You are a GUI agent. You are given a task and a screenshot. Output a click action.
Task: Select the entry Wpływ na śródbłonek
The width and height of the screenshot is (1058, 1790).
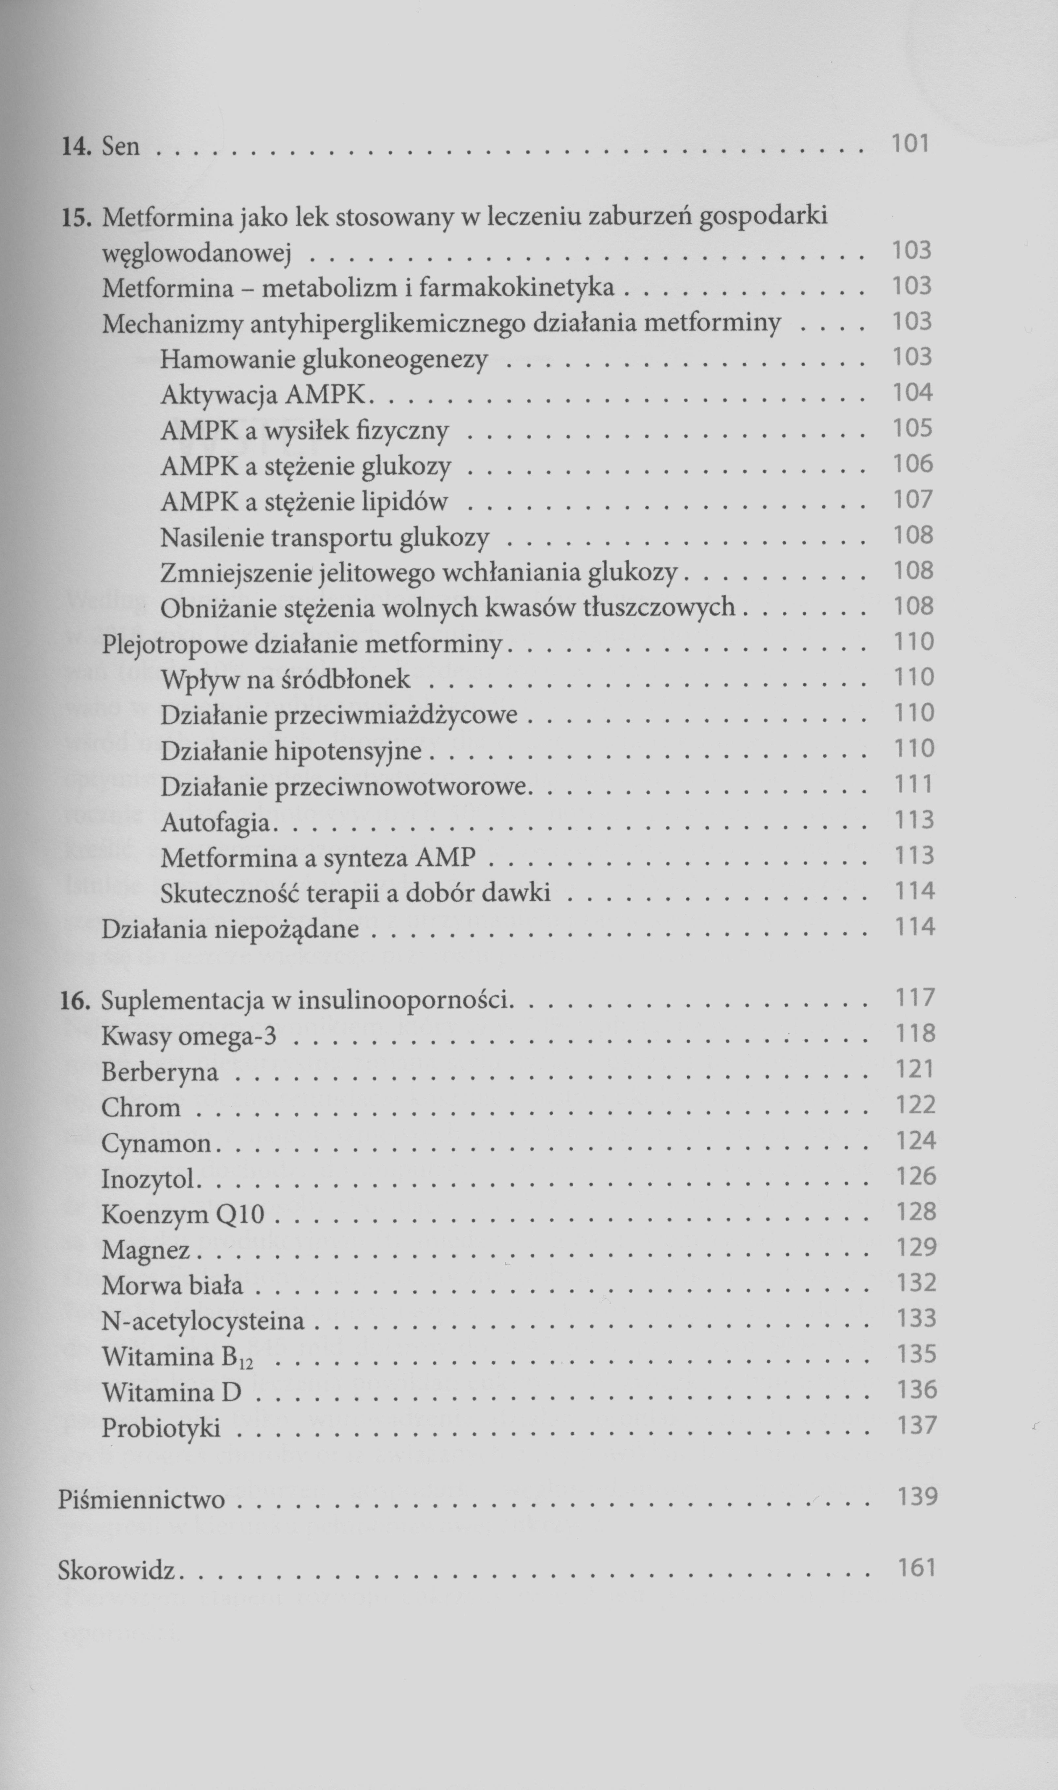tap(285, 679)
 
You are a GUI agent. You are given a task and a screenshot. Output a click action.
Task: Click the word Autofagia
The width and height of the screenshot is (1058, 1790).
tap(216, 822)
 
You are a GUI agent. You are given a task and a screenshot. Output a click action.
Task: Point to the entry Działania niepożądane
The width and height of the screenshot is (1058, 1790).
tap(230, 929)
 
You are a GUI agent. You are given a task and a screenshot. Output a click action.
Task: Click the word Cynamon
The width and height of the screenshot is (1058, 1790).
tap(157, 1143)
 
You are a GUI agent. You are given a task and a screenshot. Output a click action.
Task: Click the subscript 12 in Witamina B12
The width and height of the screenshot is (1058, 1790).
tap(246, 1363)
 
